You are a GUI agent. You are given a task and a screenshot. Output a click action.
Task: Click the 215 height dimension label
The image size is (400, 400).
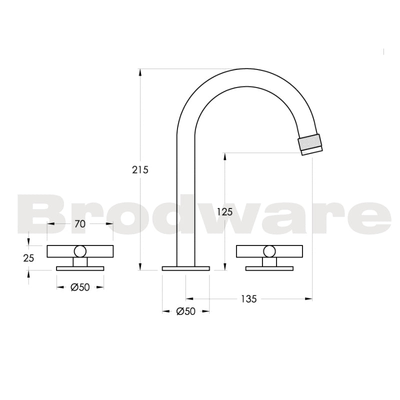click(x=140, y=169)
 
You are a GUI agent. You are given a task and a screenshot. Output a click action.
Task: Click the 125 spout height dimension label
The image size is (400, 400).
click(x=225, y=211)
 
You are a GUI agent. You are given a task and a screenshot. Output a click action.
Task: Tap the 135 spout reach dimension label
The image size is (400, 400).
click(x=248, y=299)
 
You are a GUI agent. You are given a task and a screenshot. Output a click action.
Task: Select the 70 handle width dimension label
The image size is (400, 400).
click(x=80, y=224)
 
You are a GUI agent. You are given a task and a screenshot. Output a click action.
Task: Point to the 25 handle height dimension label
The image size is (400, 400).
click(x=29, y=258)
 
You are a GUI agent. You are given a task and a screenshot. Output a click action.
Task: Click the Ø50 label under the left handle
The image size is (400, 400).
click(x=80, y=287)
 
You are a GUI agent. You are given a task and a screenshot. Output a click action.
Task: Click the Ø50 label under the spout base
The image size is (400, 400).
click(x=185, y=311)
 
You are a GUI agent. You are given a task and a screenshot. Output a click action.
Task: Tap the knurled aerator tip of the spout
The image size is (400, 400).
click(x=310, y=143)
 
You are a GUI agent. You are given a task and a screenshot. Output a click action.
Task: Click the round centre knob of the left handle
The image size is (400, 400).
click(x=80, y=251)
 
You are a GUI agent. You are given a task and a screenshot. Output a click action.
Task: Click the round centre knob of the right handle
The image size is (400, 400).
click(x=269, y=251)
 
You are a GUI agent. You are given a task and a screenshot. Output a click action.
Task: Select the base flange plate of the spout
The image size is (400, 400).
click(x=185, y=269)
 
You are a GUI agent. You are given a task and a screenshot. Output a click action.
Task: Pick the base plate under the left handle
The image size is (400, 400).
click(x=80, y=268)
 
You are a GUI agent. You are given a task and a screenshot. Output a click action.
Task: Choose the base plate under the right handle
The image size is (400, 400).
click(x=269, y=268)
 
